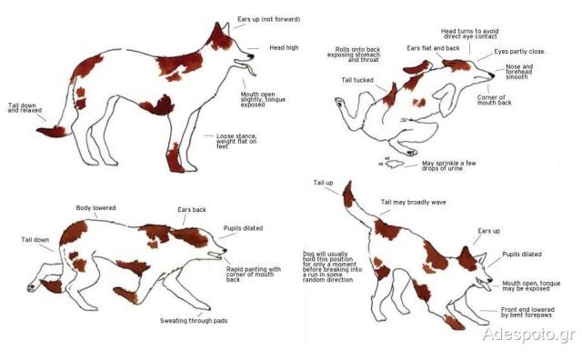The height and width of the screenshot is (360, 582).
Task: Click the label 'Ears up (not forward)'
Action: [269, 19]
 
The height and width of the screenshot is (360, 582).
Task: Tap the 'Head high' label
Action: [284, 47]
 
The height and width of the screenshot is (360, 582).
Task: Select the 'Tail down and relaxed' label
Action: [25, 107]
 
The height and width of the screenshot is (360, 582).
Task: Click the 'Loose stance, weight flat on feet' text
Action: [236, 142]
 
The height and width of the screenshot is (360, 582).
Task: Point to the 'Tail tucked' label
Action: [357, 80]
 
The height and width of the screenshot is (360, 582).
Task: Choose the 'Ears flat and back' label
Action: [433, 48]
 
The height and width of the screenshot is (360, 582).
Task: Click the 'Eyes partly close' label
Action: [519, 52]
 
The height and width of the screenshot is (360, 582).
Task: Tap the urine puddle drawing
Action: [392, 162]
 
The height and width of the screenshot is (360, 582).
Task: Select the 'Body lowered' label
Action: [95, 208]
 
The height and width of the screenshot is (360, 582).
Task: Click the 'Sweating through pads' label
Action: [194, 321]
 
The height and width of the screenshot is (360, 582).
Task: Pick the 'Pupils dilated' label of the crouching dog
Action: [243, 228]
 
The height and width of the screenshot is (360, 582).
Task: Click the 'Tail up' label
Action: [324, 183]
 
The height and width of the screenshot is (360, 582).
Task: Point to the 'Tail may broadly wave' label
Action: [414, 202]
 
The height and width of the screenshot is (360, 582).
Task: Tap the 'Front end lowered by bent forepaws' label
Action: [527, 312]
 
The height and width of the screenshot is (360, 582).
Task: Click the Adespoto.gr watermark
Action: [529, 334]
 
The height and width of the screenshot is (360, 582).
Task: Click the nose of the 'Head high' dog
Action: [251, 56]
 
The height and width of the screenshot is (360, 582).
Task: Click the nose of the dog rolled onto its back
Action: [492, 75]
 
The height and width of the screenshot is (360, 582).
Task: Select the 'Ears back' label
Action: [192, 210]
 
